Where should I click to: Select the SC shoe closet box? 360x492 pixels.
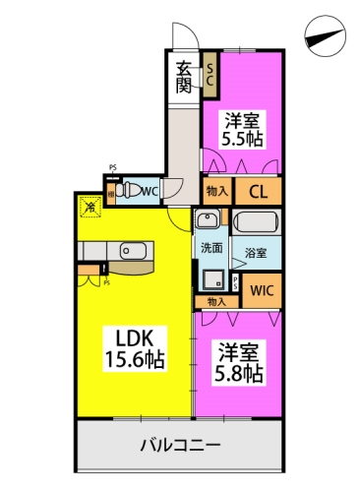[210, 77]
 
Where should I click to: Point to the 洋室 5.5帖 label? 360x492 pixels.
[242, 129]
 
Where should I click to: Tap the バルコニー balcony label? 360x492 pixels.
[180, 444]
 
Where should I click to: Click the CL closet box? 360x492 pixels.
[260, 192]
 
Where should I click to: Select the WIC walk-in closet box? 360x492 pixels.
[262, 290]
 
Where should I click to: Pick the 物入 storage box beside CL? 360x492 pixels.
[217, 192]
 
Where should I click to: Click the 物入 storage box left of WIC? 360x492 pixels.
[216, 302]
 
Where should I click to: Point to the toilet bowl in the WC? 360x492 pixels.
[131, 191]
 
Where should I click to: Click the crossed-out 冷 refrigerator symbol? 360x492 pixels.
[90, 207]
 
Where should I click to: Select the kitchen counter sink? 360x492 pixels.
[133, 252]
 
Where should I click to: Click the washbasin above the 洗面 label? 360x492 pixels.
[210, 220]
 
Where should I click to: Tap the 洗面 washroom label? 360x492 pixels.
[211, 247]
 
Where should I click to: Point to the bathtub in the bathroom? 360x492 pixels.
[257, 222]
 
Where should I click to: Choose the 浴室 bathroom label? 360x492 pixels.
[256, 253]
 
